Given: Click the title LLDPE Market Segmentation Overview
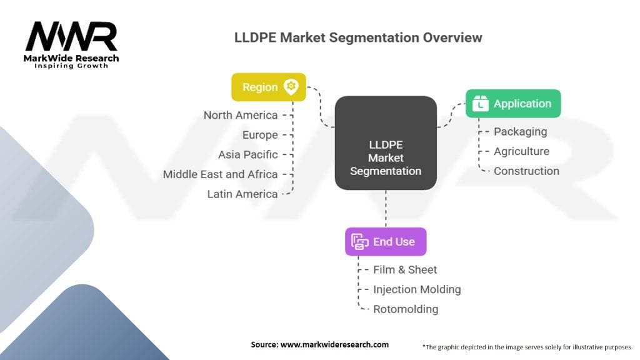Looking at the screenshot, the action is [x=358, y=37].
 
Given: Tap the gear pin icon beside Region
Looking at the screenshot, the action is [x=291, y=87].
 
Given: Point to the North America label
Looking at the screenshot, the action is [x=241, y=115].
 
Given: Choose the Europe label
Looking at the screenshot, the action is [x=260, y=135].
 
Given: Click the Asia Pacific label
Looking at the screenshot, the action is [x=247, y=154].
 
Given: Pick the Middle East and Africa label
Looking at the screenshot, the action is [x=220, y=174].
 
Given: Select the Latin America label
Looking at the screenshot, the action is [x=242, y=194].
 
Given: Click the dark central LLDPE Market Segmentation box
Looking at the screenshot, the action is [x=386, y=143].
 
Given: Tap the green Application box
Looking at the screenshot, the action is [x=513, y=104].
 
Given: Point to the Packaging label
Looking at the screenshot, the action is [x=520, y=131].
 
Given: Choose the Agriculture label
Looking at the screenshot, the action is [x=521, y=151].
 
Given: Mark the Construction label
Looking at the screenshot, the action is [x=526, y=171].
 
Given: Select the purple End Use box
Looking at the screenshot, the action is [x=386, y=241].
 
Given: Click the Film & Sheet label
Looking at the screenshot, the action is [x=405, y=270].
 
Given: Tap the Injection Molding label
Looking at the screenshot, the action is [x=417, y=289].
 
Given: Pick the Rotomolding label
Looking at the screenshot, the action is [x=406, y=309].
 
